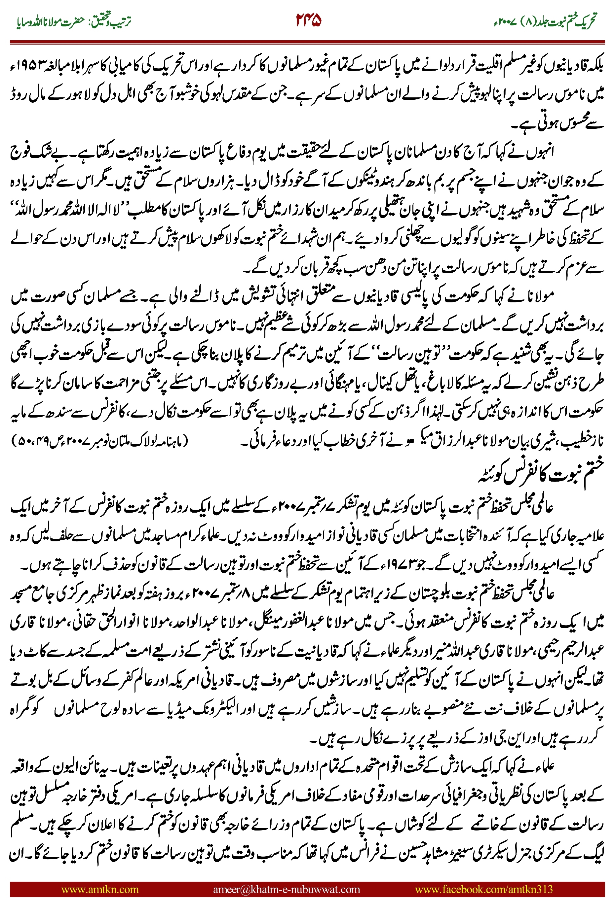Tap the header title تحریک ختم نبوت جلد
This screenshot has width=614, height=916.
coord(564,21)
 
